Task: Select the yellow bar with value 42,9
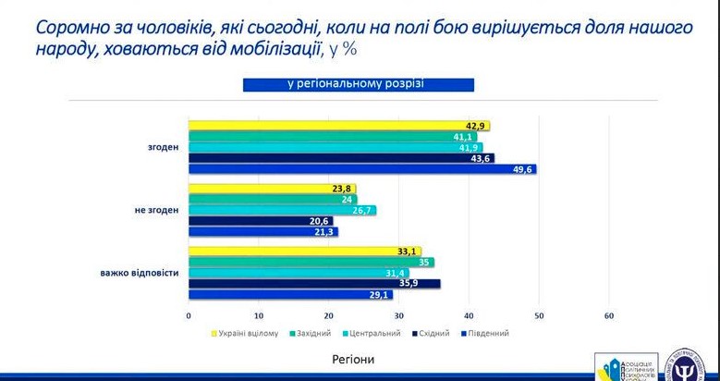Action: [338, 126]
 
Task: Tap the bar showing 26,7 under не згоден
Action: [282, 211]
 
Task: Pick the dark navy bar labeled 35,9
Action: [314, 284]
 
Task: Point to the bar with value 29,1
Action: [290, 295]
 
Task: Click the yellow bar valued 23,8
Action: [272, 189]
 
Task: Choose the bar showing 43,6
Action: [341, 158]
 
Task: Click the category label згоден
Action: [163, 147]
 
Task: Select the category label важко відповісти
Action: [140, 273]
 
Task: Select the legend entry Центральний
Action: [373, 333]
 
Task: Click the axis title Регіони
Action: [353, 358]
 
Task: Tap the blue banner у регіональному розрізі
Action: [359, 85]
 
